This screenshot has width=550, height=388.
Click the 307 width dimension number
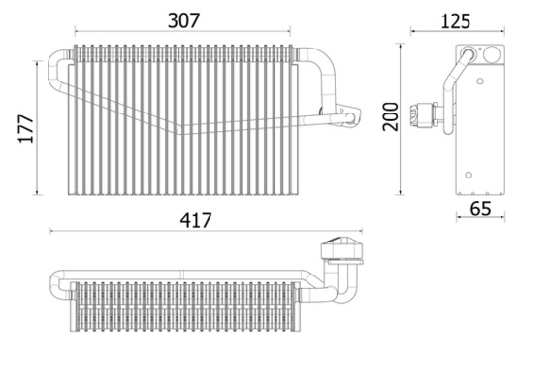[x=179, y=18]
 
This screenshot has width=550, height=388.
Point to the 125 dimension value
[x=456, y=19]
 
